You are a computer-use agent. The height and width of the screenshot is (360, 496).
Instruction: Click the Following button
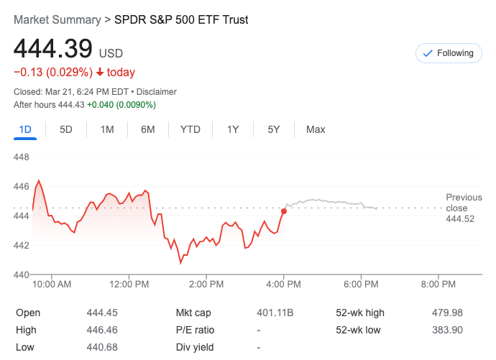(449, 53)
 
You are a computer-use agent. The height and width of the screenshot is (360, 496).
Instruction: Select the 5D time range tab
(66, 129)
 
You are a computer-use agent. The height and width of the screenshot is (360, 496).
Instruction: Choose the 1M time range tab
(107, 129)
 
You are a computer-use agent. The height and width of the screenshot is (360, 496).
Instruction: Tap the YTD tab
(190, 129)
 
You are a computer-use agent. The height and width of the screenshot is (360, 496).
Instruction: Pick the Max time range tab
(316, 129)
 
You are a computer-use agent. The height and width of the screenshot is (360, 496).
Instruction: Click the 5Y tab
(274, 129)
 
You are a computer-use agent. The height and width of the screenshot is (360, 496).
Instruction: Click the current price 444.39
(53, 49)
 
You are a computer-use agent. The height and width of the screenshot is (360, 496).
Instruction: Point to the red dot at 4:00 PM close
(284, 211)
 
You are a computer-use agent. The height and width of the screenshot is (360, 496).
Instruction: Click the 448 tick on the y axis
(22, 157)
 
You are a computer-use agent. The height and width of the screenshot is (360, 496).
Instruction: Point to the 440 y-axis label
(22, 274)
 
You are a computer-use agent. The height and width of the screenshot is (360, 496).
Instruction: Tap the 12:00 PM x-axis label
(129, 285)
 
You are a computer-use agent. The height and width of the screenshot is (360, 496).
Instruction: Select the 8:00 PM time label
(438, 285)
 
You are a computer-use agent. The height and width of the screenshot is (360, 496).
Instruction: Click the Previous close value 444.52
(460, 219)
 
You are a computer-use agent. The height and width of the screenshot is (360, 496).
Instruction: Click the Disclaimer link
(157, 92)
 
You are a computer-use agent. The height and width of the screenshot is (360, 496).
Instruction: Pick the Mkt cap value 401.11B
(275, 313)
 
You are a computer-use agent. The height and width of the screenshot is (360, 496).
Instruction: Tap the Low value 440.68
(101, 347)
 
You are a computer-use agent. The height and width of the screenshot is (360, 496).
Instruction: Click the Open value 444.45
(101, 313)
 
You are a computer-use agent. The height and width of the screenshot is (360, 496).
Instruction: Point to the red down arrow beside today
(99, 73)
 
